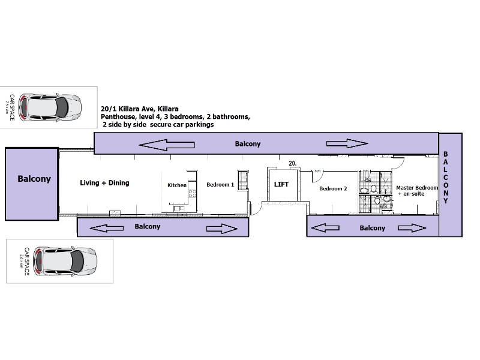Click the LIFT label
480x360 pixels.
(x=282, y=184)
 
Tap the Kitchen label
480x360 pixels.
(x=177, y=185)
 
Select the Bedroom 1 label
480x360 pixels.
(x=220, y=185)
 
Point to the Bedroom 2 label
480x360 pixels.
(x=333, y=188)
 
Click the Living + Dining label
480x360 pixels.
(x=104, y=182)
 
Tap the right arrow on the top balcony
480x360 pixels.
(x=347, y=143)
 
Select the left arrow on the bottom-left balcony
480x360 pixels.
(x=103, y=227)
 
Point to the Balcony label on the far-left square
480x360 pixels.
(x=34, y=179)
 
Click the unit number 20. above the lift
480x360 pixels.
(x=293, y=163)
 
